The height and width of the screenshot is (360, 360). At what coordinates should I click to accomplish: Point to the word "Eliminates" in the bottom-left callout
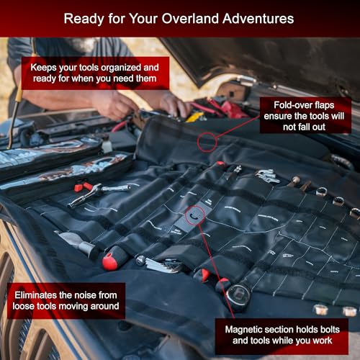click(x=37, y=293)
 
